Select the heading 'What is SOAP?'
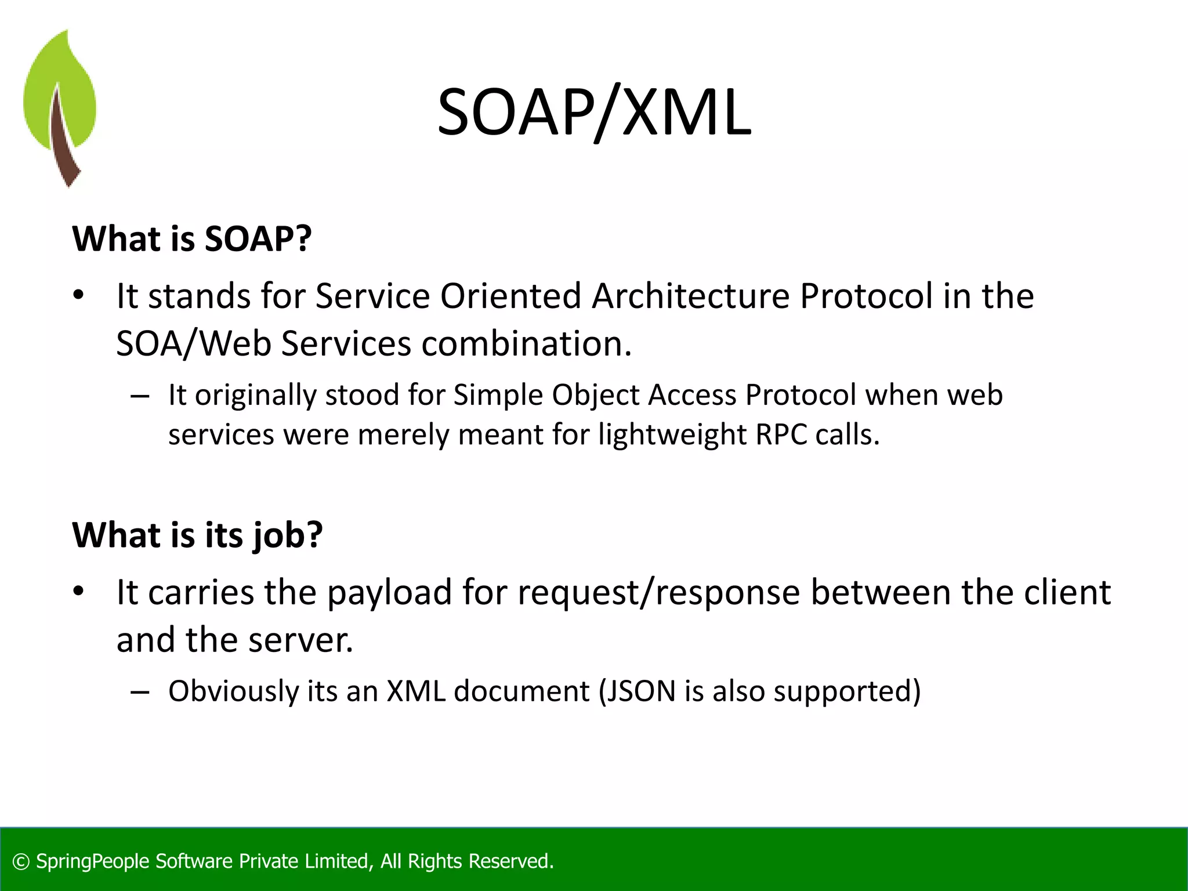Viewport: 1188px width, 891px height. pyautogui.click(x=192, y=238)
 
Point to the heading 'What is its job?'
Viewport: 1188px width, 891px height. pyautogui.click(x=197, y=534)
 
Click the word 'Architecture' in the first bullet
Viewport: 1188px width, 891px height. pyautogui.click(x=691, y=296)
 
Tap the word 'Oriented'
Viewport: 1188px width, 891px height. pyautogui.click(x=510, y=296)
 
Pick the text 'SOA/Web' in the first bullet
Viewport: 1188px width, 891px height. pyautogui.click(x=194, y=343)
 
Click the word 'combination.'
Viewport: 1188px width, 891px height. pyautogui.click(x=526, y=343)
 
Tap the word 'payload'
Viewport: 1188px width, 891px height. pyautogui.click(x=389, y=593)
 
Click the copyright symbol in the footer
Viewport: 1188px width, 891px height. pyautogui.click(x=21, y=861)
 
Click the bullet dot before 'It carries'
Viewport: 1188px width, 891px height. pyautogui.click(x=79, y=592)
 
